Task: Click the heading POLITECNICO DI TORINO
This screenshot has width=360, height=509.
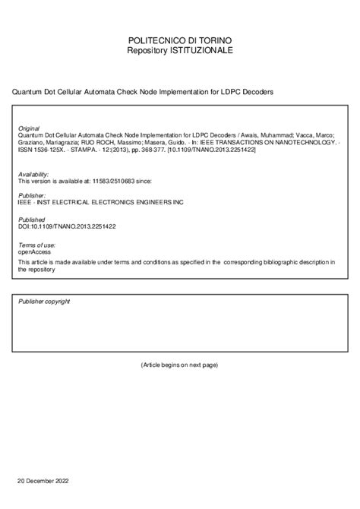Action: click(180, 39)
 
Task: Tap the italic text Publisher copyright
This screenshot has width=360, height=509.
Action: click(44, 302)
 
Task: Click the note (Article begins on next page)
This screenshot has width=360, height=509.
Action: click(179, 365)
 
